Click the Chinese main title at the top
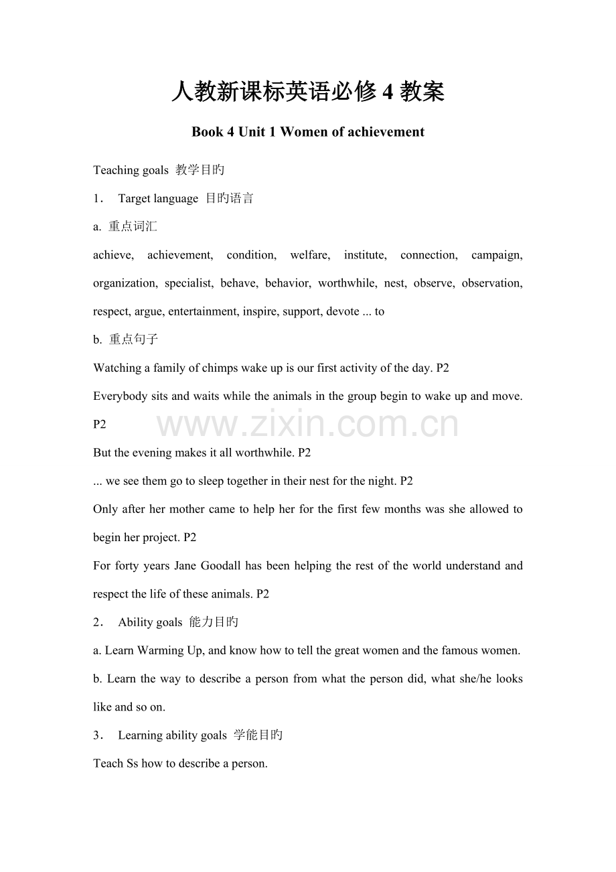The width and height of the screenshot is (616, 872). coord(307,92)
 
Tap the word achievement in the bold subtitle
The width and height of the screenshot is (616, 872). coord(385,132)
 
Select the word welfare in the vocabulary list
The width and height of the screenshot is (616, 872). coord(309,255)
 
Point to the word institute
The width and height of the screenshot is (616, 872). coord(364,255)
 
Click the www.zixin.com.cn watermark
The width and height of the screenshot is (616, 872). coord(307,425)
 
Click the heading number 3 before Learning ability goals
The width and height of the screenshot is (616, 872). coord(97,735)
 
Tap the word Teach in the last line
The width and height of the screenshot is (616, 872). coord(108,764)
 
